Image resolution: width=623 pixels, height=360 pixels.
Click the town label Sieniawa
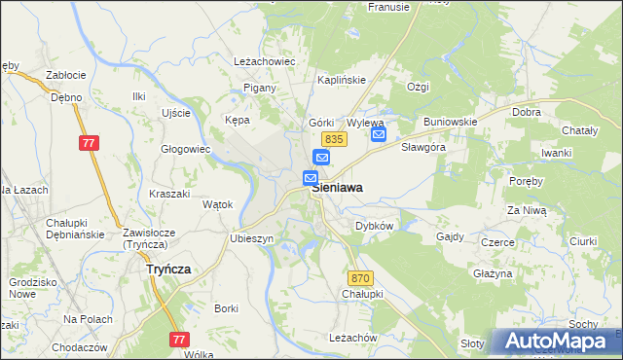(x=339, y=192)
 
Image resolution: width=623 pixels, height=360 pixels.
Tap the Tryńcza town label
(x=167, y=269)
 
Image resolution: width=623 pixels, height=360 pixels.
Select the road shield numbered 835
(x=331, y=139)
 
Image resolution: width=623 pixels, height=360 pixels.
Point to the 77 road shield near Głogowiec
(x=90, y=143)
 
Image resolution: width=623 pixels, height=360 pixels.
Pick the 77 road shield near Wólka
(x=178, y=339)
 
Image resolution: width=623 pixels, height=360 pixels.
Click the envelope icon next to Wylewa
(x=379, y=134)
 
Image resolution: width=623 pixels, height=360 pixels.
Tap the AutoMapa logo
(x=556, y=342)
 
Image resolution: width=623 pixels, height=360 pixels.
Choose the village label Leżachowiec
(x=265, y=60)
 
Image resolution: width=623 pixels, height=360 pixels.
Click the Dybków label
(x=374, y=226)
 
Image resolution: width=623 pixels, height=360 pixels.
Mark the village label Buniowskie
(x=450, y=122)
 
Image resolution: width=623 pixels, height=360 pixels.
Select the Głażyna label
(x=493, y=274)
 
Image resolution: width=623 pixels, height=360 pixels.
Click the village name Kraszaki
(x=169, y=194)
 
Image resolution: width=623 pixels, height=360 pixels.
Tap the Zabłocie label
(x=66, y=75)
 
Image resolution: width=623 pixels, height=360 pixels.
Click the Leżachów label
(x=353, y=337)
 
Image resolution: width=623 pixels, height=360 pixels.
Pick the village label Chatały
(x=581, y=130)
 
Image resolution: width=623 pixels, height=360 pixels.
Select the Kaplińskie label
(x=341, y=80)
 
